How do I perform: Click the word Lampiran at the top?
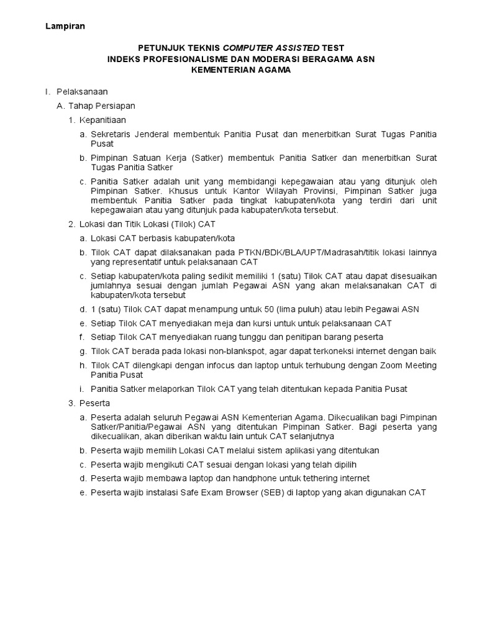[65, 26]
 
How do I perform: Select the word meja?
[225, 324]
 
